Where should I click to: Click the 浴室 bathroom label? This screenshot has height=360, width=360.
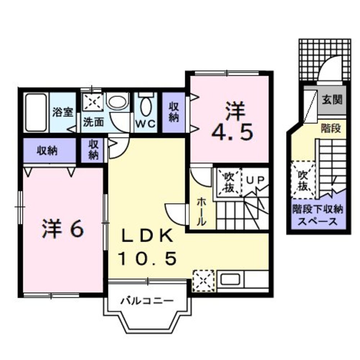63,112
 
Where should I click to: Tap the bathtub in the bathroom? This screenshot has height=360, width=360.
36,112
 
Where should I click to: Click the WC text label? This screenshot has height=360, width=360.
145,124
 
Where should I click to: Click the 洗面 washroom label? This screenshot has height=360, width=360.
93,122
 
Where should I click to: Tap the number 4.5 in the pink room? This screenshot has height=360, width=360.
233,133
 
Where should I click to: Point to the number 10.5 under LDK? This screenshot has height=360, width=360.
147,258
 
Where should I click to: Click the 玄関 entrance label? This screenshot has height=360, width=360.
332,100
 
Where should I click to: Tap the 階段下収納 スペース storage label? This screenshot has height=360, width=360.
318,215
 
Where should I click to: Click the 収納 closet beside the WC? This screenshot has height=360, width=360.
174,112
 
